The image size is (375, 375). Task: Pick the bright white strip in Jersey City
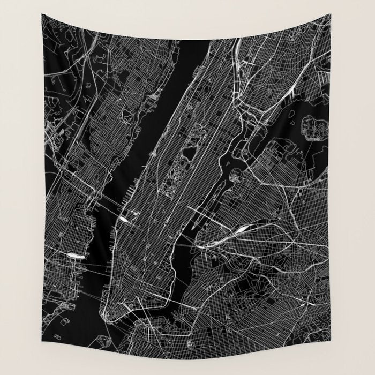(x=73, y=256)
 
